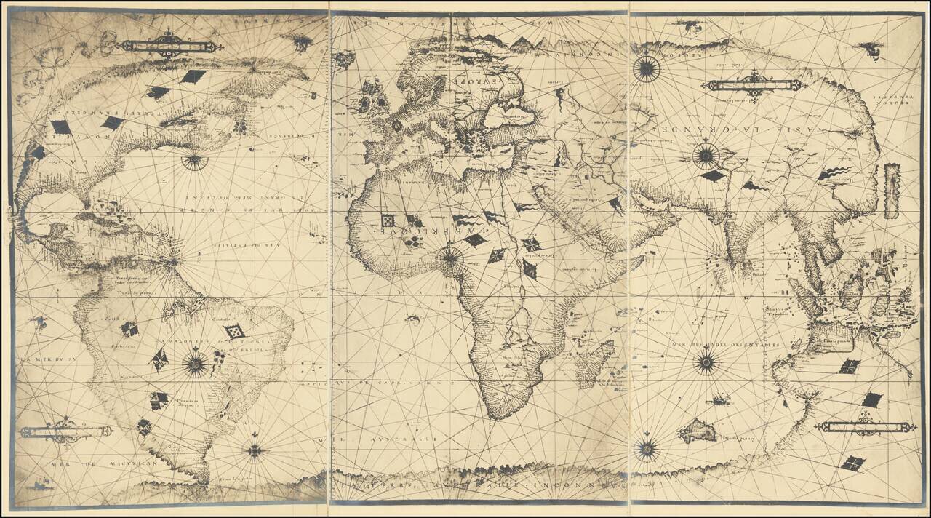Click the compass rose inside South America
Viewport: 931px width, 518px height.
[196, 364]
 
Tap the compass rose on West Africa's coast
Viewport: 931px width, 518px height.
[451, 256]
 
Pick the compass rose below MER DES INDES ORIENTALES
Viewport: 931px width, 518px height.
[706, 362]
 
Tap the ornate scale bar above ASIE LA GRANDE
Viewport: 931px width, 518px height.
[754, 84]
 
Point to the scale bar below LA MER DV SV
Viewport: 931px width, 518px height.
[65, 431]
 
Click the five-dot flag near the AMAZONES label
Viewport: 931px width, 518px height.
[234, 332]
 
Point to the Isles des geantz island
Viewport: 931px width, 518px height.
[697, 431]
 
